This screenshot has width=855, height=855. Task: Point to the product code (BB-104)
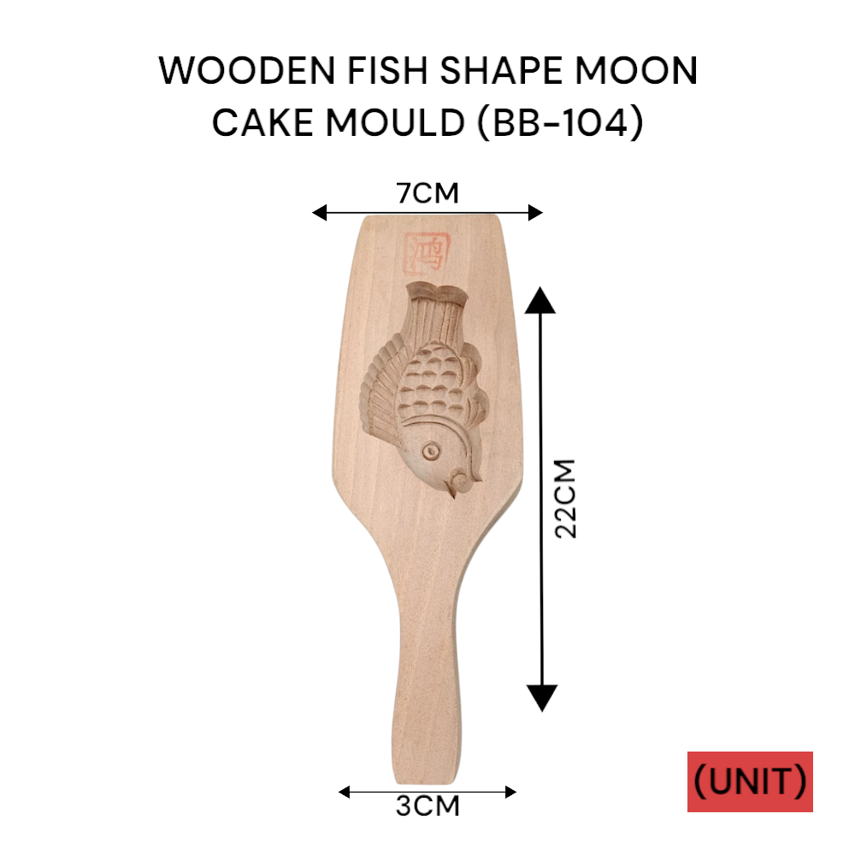553,123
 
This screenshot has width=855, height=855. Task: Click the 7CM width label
427,193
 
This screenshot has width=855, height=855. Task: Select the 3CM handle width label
427,806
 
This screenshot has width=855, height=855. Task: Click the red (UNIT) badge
750,781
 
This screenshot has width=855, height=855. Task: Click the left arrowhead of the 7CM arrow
319,213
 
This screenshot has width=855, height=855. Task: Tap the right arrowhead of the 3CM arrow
510,792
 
